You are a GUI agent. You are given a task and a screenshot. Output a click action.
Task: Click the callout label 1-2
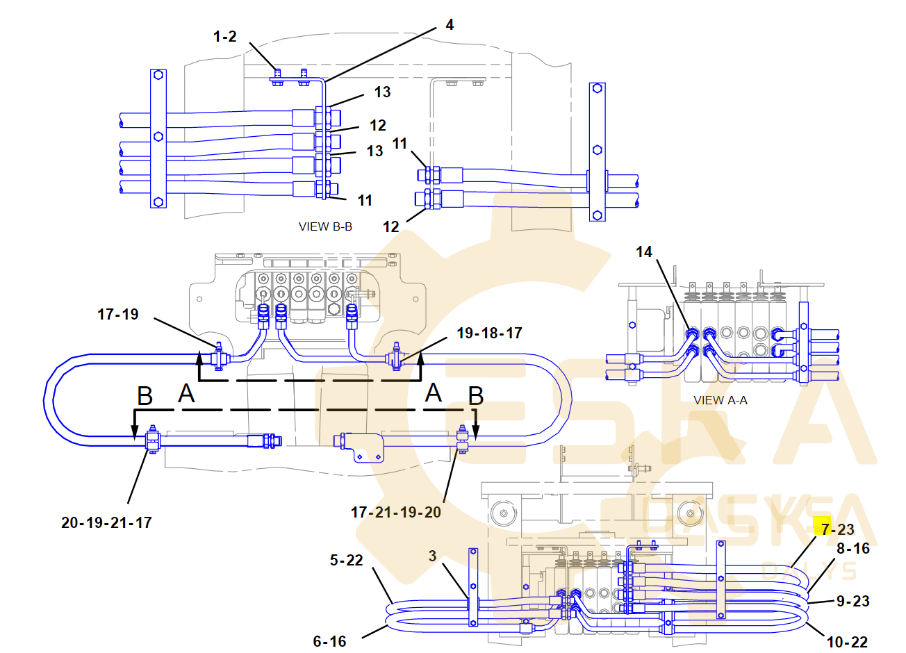click(225, 36)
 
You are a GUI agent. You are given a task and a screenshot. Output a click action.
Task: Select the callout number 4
click(450, 25)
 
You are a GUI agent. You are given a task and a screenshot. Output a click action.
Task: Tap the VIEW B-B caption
click(325, 226)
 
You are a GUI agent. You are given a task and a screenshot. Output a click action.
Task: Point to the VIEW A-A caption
click(720, 400)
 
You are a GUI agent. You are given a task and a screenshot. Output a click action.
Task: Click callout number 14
click(644, 251)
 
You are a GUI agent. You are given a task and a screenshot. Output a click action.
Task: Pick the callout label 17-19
click(118, 314)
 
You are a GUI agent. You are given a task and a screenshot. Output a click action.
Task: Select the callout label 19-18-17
click(489, 333)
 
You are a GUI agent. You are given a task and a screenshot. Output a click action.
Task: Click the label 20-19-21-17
click(106, 522)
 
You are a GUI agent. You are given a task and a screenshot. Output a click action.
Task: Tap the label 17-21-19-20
click(396, 512)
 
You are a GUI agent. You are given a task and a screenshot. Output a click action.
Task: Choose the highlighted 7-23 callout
click(837, 529)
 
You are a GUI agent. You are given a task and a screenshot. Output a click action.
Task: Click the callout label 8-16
click(853, 548)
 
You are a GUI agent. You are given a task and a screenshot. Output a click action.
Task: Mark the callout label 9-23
click(853, 601)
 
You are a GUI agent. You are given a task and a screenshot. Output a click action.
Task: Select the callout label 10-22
click(847, 642)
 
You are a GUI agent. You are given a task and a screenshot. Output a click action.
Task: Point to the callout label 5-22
click(347, 560)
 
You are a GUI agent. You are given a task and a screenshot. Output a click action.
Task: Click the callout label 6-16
click(329, 641)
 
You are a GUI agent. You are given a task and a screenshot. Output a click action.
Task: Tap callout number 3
click(433, 556)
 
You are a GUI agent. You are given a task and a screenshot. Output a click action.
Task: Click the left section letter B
click(145, 396)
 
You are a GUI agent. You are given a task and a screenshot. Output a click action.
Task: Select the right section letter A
click(434, 393)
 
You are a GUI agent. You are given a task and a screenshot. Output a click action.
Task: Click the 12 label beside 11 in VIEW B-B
click(391, 226)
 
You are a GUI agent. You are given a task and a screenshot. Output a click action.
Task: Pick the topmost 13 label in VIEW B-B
click(382, 92)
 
